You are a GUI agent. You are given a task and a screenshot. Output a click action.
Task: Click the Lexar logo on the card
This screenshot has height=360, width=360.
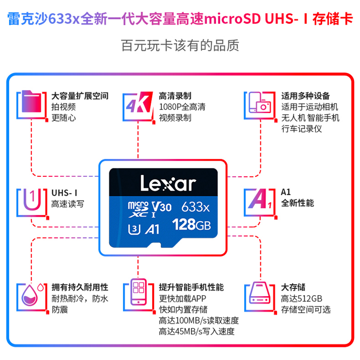click(x=168, y=183)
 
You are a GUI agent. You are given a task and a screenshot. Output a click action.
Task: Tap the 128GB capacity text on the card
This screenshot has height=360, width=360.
click(x=192, y=224)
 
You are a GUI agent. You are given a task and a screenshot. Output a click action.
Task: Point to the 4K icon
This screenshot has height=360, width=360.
click(x=136, y=106)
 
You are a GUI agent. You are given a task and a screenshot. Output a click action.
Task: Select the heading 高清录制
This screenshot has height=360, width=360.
click(x=175, y=96)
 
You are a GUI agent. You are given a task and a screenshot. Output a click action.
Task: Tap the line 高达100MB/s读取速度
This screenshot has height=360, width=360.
click(x=198, y=321)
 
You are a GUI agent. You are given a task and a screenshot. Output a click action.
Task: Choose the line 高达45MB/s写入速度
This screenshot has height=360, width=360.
click(x=197, y=332)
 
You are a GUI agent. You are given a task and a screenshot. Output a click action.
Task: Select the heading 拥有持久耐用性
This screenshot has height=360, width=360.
click(x=80, y=287)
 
